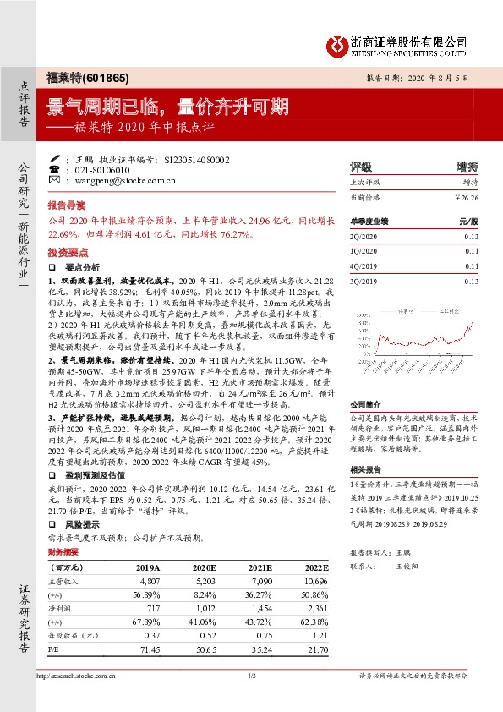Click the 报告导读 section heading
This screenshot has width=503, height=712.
(x=67, y=205)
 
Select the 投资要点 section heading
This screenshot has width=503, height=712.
(x=67, y=252)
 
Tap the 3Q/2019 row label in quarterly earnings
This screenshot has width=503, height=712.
(x=364, y=280)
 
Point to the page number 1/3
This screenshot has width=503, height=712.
(x=251, y=676)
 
